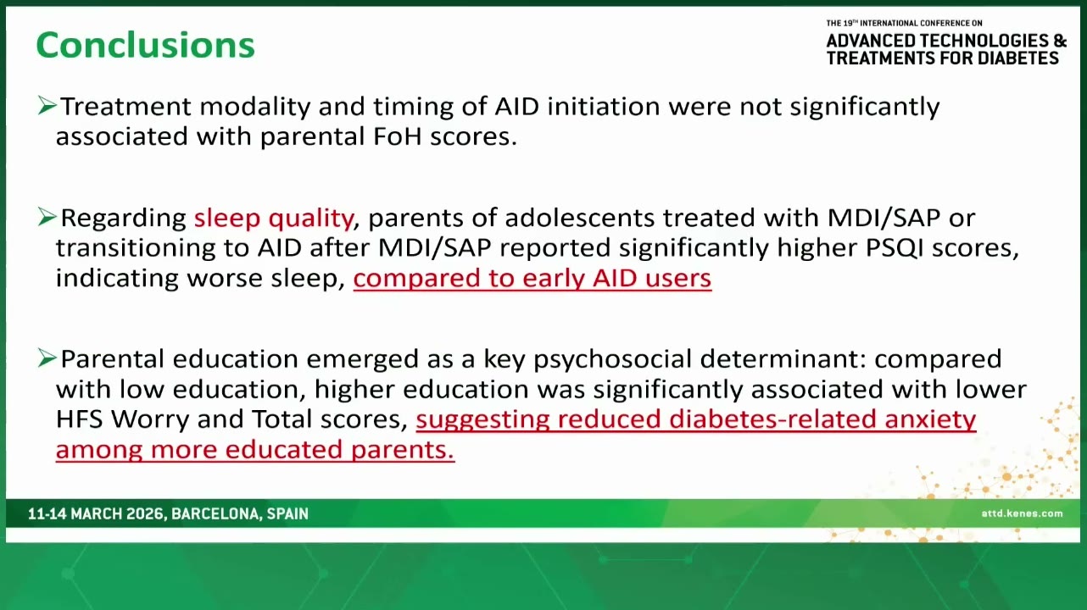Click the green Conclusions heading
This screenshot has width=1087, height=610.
point(146,45)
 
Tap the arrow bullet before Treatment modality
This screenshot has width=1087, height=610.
point(47,106)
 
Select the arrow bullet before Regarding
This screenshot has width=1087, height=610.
point(47,217)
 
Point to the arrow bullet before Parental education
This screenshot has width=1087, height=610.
point(47,358)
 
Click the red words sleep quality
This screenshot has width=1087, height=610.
point(274,219)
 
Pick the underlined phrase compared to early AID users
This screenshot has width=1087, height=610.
point(532,279)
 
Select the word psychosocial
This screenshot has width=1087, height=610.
point(612,359)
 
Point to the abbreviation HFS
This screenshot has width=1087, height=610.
point(79,419)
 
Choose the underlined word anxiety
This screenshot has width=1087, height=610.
point(930,420)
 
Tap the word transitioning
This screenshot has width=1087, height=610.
point(136,248)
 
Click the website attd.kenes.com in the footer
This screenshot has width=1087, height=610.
point(1022,513)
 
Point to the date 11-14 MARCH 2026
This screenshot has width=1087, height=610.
point(96,514)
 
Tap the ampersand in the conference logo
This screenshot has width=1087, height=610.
point(1061,41)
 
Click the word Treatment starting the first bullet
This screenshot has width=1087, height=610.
point(125,106)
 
